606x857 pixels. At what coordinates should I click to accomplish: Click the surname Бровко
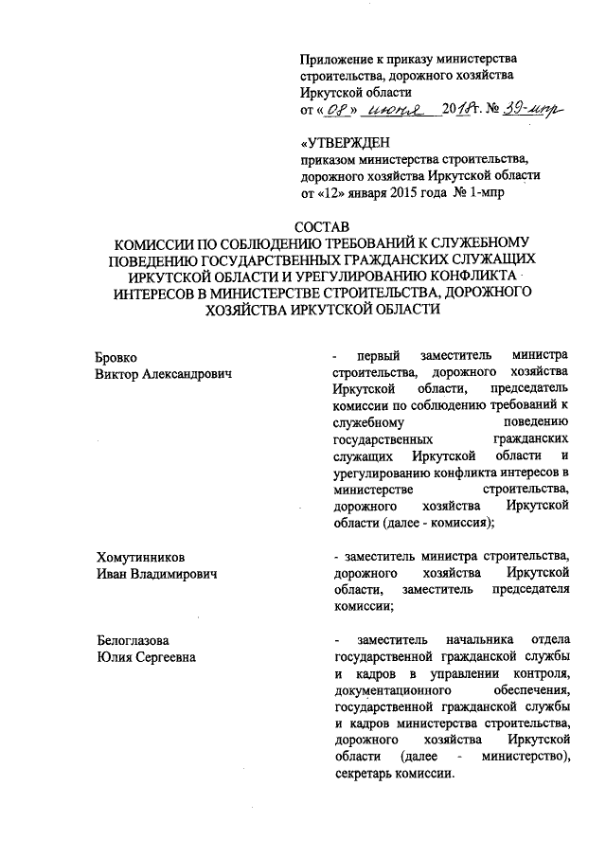[x=116, y=357]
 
